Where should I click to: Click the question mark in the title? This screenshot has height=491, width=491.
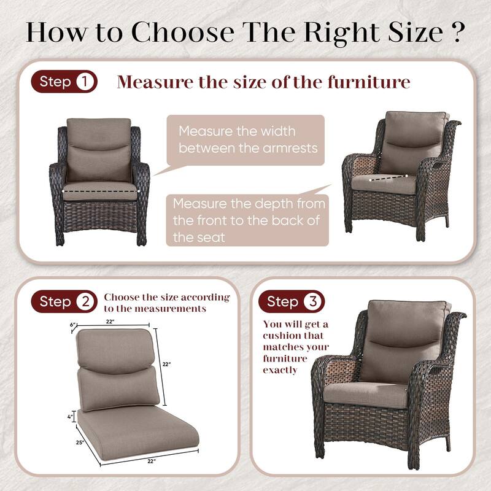click(454, 32)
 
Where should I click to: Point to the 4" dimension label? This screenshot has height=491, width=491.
click(71, 416)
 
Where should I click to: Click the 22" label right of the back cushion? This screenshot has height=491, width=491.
click(166, 364)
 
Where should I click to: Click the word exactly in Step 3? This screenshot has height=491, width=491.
click(280, 370)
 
